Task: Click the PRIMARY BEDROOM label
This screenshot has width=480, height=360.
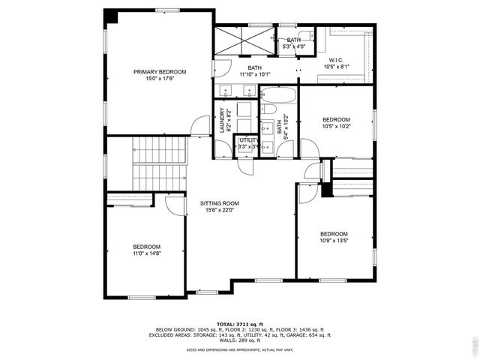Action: (160, 72)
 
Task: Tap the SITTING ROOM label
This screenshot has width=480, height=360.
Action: (219, 203)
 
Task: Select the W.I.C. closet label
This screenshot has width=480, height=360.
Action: (336, 60)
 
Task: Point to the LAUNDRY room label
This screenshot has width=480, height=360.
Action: (222, 120)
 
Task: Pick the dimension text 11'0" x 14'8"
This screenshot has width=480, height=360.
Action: (147, 253)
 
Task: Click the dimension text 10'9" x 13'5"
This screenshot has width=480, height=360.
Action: (334, 240)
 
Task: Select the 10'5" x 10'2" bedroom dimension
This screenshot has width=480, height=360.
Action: (336, 126)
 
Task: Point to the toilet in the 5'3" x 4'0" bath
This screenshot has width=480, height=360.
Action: (305, 35)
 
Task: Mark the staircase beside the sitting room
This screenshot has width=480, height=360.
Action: (159, 163)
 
